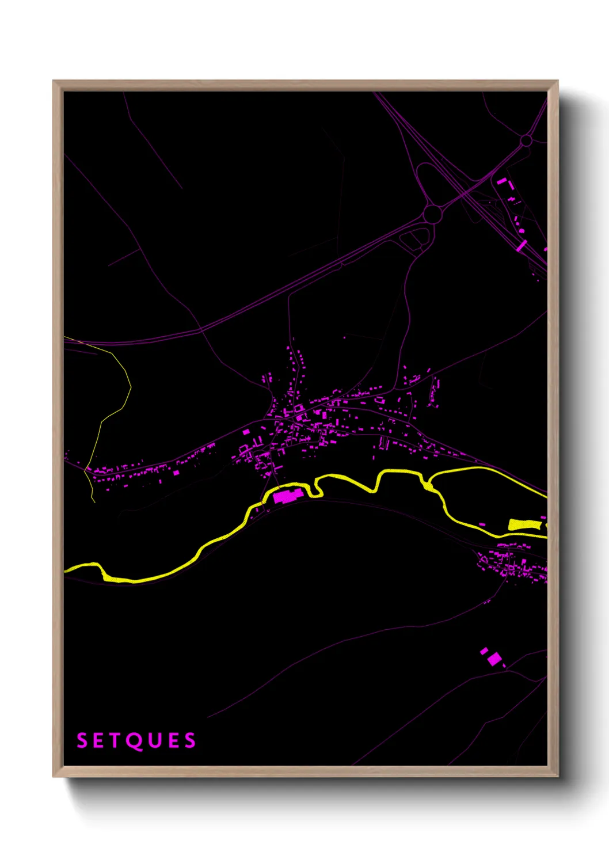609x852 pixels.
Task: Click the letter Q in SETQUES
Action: (x=135, y=741)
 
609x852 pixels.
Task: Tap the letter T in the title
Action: (x=116, y=740)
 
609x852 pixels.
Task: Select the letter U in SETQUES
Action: (x=154, y=740)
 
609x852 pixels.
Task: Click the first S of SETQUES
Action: (x=82, y=740)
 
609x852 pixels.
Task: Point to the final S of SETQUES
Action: (x=190, y=740)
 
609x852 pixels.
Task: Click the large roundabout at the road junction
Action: (x=433, y=214)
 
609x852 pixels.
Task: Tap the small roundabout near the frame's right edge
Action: (x=526, y=140)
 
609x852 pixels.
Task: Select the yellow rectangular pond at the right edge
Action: (x=524, y=524)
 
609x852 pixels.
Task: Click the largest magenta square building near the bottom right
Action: (x=493, y=659)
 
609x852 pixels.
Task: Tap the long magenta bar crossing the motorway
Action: (x=522, y=246)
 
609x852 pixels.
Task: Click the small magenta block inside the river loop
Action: (x=482, y=524)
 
